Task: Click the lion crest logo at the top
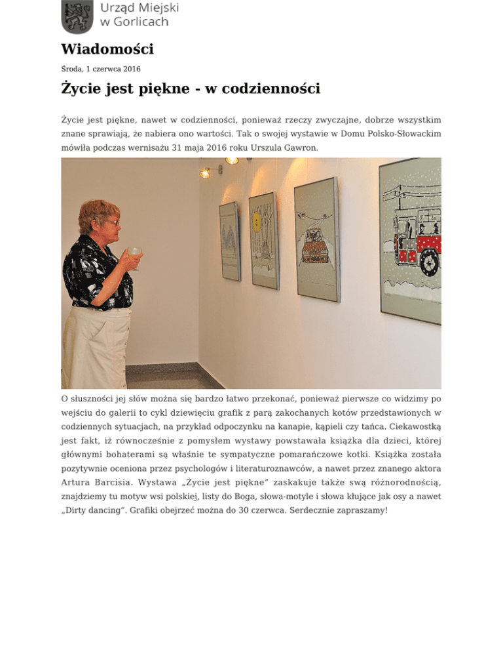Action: click(x=76, y=16)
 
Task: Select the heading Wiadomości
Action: click(x=107, y=49)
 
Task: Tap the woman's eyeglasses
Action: click(x=112, y=223)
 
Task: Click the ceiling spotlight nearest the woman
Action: click(x=204, y=173)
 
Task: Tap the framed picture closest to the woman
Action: click(x=230, y=241)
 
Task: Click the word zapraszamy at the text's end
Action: click(x=358, y=508)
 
